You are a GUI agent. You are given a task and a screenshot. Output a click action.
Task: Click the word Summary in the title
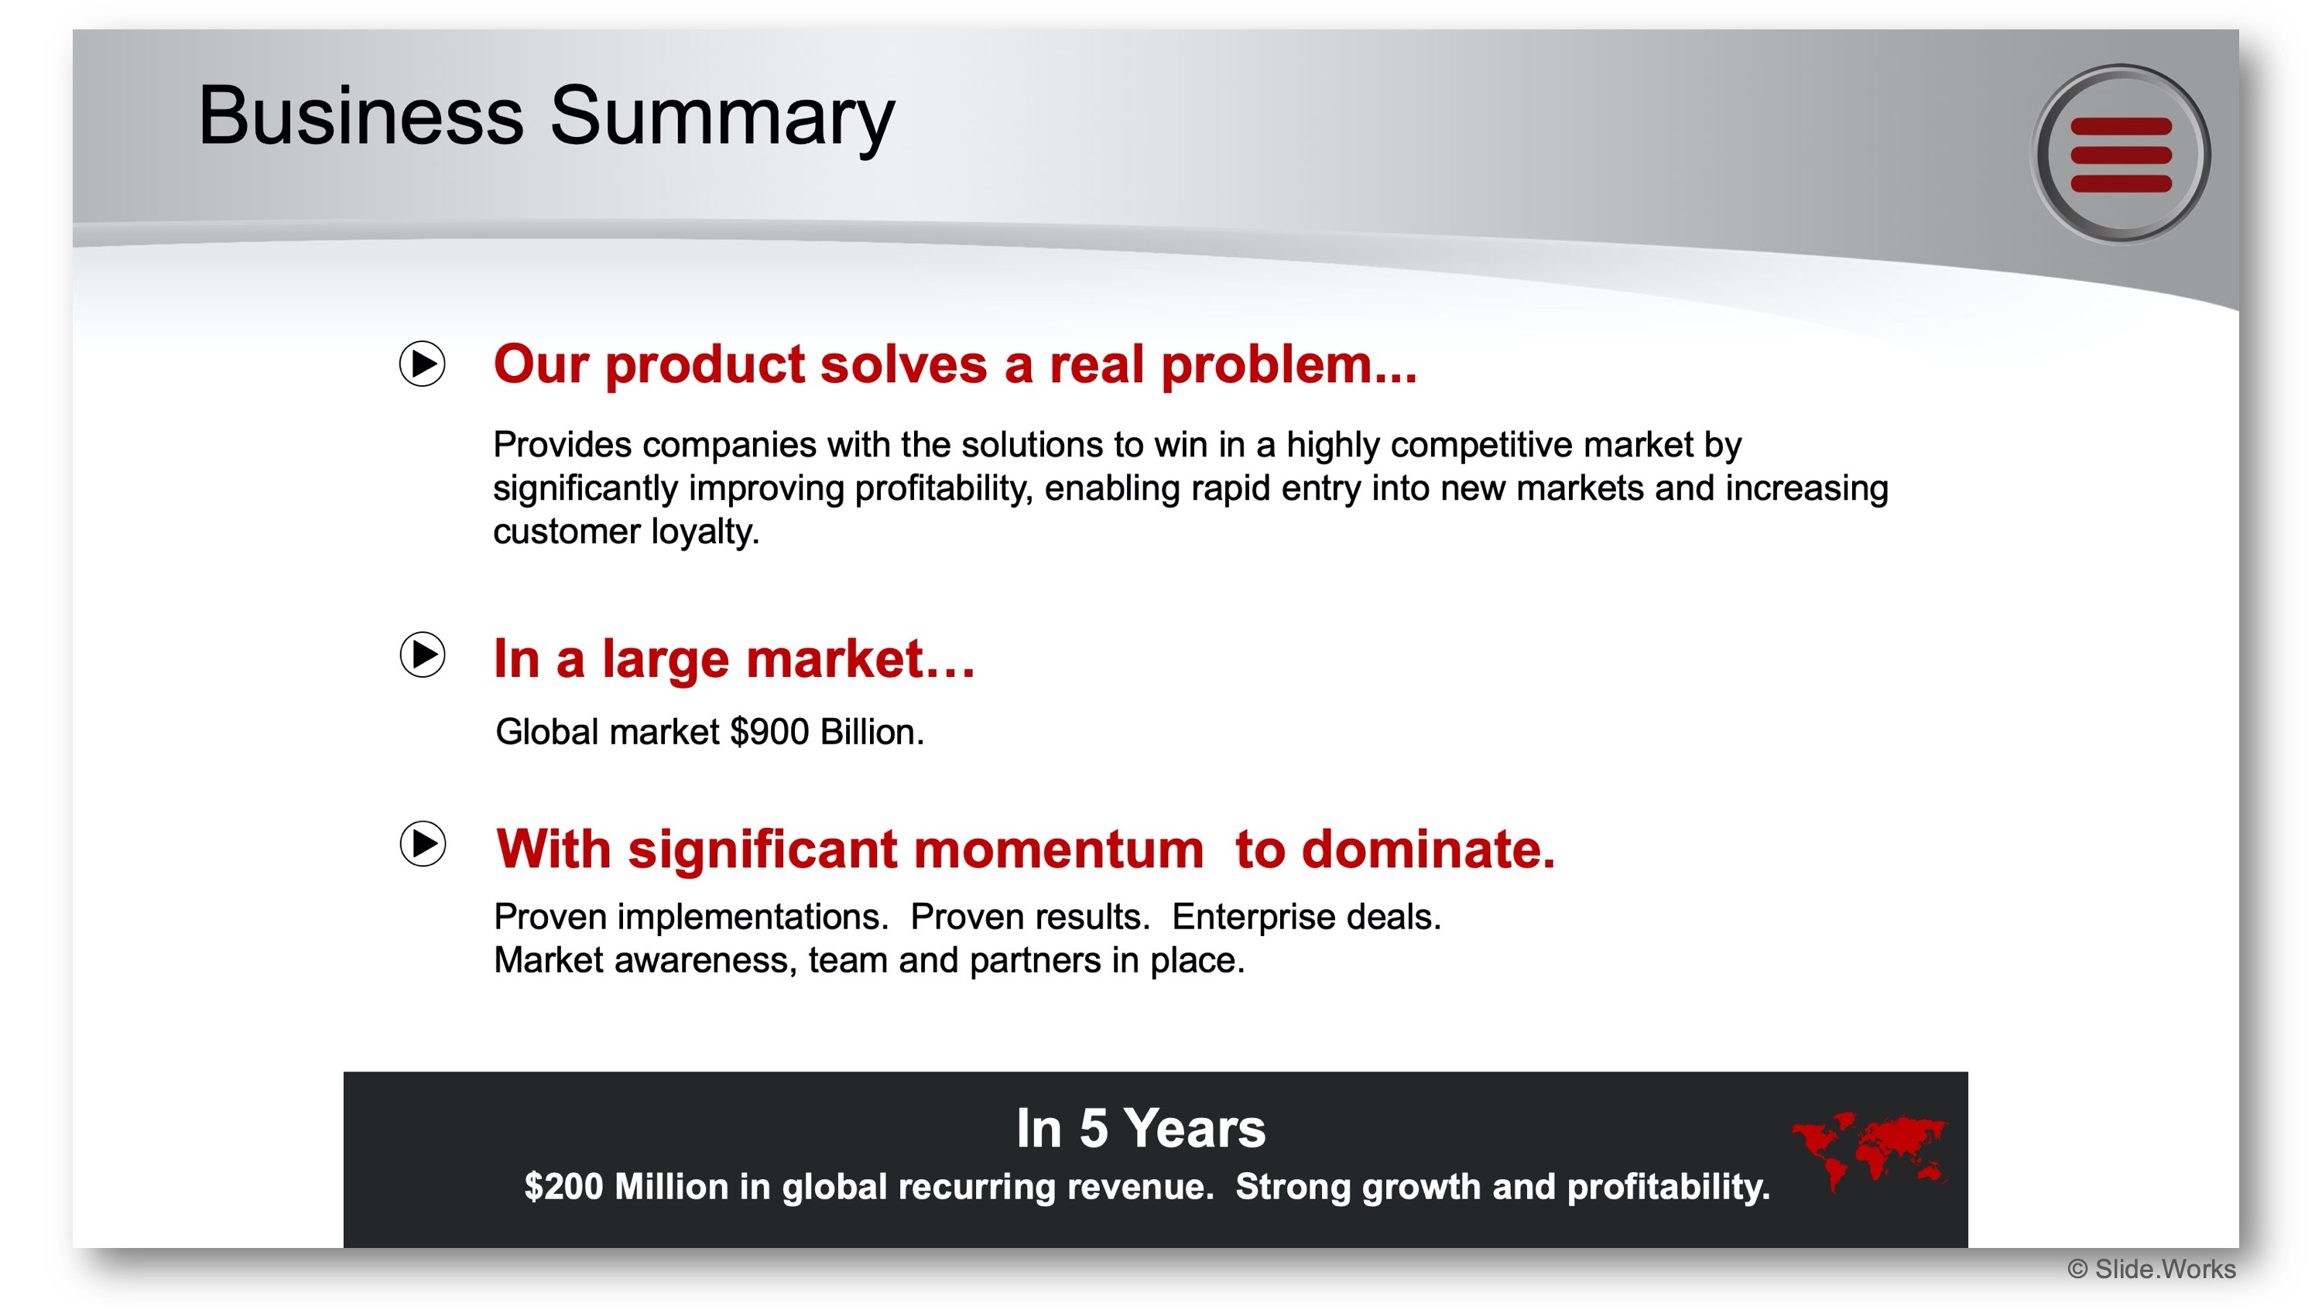(722, 117)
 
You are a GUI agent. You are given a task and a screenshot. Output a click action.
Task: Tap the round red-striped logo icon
(2120, 154)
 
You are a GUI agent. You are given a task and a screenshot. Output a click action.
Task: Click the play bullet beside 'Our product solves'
(422, 364)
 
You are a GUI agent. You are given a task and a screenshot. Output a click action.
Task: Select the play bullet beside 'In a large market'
(422, 655)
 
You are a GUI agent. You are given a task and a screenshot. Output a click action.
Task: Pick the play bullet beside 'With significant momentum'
(422, 843)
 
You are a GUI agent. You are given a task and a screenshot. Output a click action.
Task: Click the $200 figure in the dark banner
(563, 1186)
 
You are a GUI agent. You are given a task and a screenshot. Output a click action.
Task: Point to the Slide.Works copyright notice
(2151, 1269)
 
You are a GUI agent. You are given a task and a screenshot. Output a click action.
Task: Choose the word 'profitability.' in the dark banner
(1669, 1187)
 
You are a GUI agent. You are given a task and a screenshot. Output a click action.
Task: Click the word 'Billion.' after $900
(872, 732)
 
